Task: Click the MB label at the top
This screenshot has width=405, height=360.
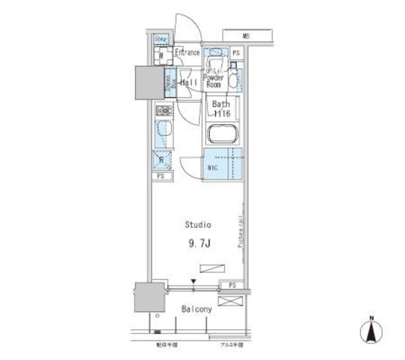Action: [x=244, y=36]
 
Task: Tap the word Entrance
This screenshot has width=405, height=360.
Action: [x=187, y=53]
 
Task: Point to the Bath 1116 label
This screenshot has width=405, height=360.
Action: [x=221, y=109]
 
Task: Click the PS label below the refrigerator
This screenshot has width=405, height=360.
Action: [x=161, y=177]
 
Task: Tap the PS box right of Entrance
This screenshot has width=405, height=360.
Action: [x=235, y=54]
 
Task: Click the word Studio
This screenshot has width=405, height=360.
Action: [x=197, y=224]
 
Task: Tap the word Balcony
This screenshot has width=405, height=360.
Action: [x=197, y=310]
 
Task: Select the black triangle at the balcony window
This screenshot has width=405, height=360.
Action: [x=194, y=282]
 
